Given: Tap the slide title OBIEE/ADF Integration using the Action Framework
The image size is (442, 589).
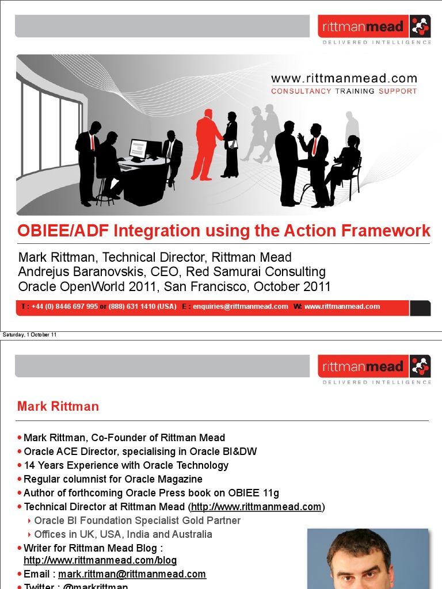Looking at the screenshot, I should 224,231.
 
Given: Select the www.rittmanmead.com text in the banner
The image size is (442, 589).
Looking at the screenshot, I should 344,79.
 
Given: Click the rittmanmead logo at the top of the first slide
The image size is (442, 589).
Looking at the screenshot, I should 374,28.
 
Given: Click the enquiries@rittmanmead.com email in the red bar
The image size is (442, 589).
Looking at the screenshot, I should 240,307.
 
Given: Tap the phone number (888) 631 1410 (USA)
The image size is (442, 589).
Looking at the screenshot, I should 142,307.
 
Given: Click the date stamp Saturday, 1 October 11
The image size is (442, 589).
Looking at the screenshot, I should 30,335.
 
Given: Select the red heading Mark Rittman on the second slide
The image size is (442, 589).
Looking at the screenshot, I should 58,407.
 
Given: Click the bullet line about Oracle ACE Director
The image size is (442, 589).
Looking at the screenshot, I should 140,452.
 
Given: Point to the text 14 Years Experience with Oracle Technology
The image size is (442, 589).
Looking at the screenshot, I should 126,465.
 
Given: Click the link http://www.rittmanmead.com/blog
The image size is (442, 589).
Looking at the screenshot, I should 100,560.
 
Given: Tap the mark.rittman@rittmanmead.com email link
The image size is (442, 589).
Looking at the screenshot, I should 132,574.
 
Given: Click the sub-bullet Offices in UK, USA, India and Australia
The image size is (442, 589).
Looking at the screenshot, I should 123,534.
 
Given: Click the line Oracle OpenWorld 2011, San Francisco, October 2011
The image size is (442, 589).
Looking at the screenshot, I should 174,286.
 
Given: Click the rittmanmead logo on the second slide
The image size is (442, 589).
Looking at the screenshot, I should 374,366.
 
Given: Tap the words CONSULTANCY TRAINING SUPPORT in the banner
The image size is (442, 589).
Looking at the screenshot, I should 344,91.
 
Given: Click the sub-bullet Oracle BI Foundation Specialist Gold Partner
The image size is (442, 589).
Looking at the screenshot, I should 138,521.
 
